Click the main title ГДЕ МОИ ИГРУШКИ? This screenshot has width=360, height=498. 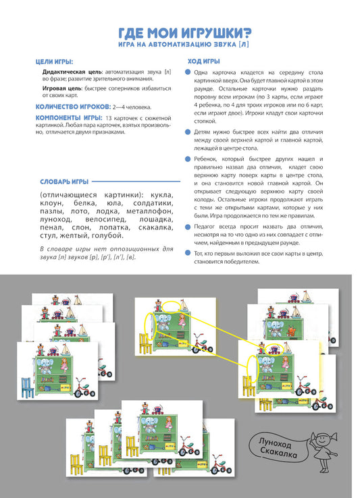[184, 32]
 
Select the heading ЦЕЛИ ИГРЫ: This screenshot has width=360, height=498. [54, 61]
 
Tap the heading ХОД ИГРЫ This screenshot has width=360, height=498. [203, 61]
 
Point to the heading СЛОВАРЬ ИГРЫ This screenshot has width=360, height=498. [64, 182]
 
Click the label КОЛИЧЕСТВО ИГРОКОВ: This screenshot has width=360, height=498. [73, 107]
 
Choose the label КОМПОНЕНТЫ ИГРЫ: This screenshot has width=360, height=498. [69, 118]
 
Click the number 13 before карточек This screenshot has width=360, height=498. [108, 118]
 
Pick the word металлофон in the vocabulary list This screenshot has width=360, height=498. [149, 211]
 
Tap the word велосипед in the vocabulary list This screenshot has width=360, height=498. [105, 219]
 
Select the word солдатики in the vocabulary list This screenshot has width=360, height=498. [153, 203]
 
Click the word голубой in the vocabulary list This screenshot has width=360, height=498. [107, 236]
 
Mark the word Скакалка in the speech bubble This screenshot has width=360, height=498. [278, 451]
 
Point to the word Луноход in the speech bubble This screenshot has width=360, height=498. [275, 442]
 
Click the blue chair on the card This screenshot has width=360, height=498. [28, 387]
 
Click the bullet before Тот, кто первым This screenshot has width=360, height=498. [188, 253]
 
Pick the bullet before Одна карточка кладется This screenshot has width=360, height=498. [188, 72]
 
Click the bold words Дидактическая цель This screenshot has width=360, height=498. [72, 72]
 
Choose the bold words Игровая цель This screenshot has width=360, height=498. [62, 88]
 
